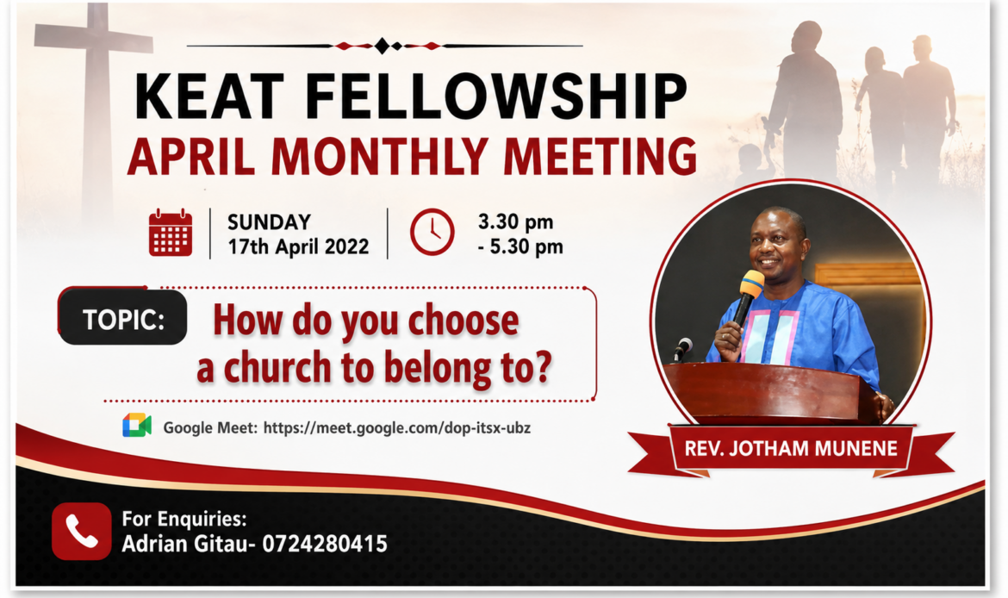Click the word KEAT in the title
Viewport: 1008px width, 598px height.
(x=209, y=97)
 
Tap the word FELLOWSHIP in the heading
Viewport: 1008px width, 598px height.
(x=496, y=97)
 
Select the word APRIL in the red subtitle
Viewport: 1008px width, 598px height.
(x=191, y=156)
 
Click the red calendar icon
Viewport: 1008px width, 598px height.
(x=171, y=233)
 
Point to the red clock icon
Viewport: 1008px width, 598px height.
(x=432, y=232)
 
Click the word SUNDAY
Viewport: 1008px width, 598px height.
(x=269, y=221)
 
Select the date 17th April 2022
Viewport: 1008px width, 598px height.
(x=298, y=246)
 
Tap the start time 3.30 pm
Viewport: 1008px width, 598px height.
(x=515, y=221)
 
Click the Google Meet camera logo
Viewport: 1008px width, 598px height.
(x=137, y=426)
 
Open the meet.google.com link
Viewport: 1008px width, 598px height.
(x=396, y=428)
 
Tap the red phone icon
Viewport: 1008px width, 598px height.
(x=82, y=531)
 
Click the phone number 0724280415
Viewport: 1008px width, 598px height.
(x=325, y=544)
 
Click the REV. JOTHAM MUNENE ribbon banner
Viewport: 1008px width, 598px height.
(x=791, y=449)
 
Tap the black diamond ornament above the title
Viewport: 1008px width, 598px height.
(x=383, y=46)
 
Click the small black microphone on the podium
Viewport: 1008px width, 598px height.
(x=681, y=348)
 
